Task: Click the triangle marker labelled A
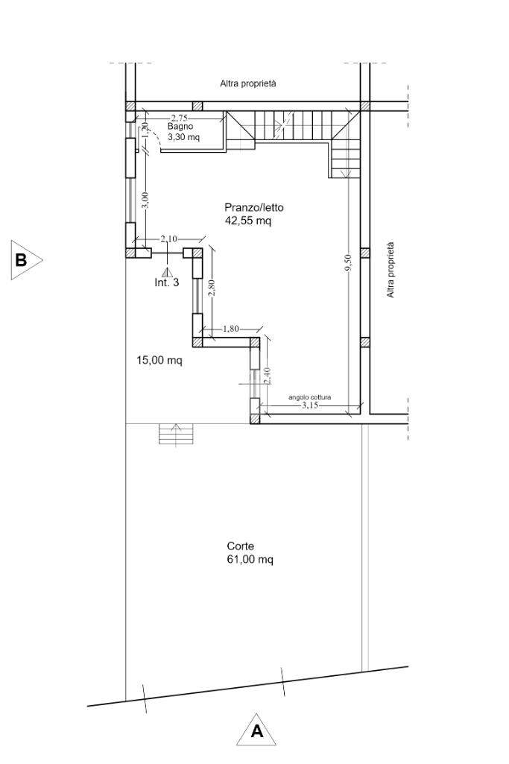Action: coord(256,733)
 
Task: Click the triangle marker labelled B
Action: coord(25,259)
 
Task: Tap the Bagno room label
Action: coord(180,126)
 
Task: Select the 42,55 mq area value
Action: coord(248,221)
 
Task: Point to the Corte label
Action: coord(240,546)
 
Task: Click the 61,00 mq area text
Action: coord(250,560)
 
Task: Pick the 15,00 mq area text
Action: coord(159,361)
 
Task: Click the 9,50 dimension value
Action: coord(348,263)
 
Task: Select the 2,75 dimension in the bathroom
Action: coord(179,118)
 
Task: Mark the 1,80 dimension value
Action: coord(231,329)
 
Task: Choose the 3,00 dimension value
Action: coord(145,200)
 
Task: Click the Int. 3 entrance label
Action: coord(167,282)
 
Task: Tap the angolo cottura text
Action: coord(310,397)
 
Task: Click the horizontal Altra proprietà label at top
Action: coord(248,83)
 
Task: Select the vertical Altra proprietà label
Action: coord(391,270)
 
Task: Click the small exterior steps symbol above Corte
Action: coord(177,434)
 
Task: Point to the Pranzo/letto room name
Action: coord(254,207)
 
